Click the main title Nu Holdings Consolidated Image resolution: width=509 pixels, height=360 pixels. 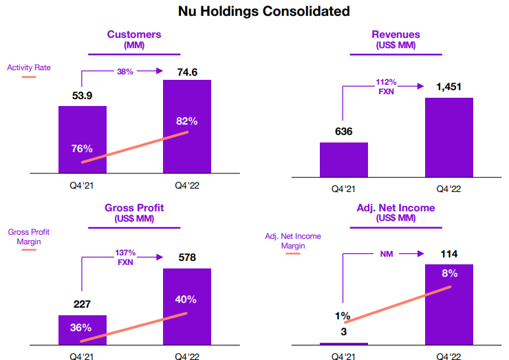pos(254,11)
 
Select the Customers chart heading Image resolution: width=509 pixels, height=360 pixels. pos(133,34)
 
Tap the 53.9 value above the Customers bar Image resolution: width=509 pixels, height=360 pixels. pos(82,96)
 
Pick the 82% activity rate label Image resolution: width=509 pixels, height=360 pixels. pos(186,121)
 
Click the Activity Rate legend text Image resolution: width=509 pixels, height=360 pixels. pos(29,67)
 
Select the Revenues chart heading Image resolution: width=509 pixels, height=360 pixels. pos(396,34)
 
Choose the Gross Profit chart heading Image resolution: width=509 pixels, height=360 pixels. pos(134,208)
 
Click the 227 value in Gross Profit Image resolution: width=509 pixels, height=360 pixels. pos(82,305)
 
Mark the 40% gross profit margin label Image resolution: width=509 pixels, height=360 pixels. pos(186,299)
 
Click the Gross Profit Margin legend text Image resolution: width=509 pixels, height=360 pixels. pos(29,237)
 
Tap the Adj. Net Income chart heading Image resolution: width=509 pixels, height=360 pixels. pos(396,208)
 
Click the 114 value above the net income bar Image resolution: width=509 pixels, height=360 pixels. pos(448,254)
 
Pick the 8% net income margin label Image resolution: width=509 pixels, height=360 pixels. pos(450,273)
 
